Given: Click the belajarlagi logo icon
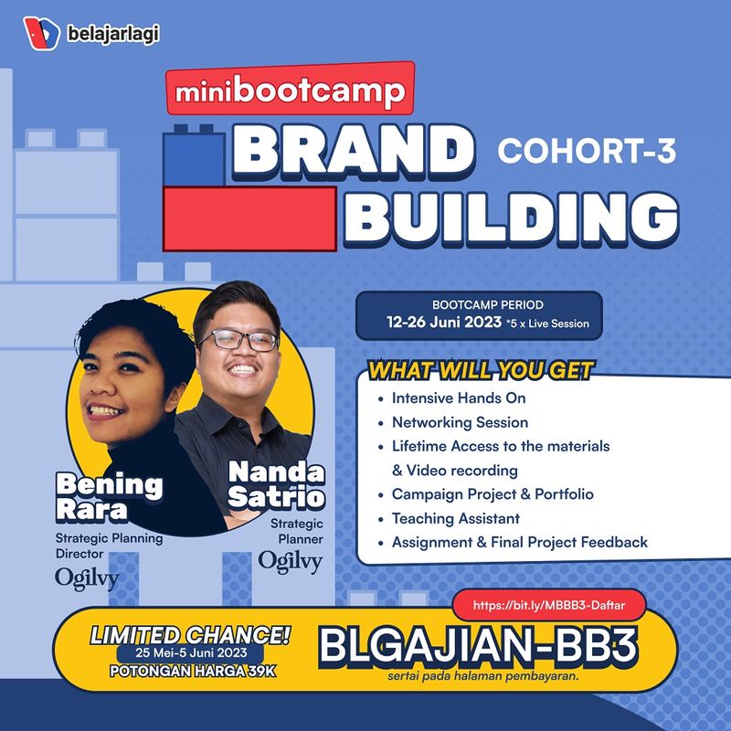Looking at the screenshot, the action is pyautogui.click(x=41, y=33).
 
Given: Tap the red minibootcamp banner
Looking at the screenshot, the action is pyautogui.click(x=291, y=88).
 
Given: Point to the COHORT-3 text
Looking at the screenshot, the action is pyautogui.click(x=587, y=151).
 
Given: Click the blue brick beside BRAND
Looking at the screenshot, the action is pyautogui.click(x=194, y=155).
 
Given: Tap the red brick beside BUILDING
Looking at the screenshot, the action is pyautogui.click(x=249, y=218).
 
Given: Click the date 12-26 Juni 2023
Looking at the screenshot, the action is pyautogui.click(x=444, y=323).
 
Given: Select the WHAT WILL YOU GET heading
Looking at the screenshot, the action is pyautogui.click(x=481, y=371).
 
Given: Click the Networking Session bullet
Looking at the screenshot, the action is pyautogui.click(x=461, y=422).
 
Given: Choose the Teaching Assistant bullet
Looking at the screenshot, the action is pyautogui.click(x=455, y=518).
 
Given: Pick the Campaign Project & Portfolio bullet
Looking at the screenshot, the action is pyautogui.click(x=493, y=494).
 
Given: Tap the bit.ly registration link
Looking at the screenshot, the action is pyautogui.click(x=549, y=605).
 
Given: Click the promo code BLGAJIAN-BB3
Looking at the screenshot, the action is pyautogui.click(x=478, y=646).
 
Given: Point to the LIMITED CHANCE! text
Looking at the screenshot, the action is pyautogui.click(x=190, y=635).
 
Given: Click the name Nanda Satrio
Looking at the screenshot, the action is pyautogui.click(x=277, y=484).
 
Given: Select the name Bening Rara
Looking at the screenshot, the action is pyautogui.click(x=110, y=496).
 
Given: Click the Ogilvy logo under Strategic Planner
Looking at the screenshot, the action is pyautogui.click(x=291, y=562).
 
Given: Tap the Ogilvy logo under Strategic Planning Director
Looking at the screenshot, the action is pyautogui.click(x=87, y=579).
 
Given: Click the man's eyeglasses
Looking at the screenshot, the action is pyautogui.click(x=238, y=340).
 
